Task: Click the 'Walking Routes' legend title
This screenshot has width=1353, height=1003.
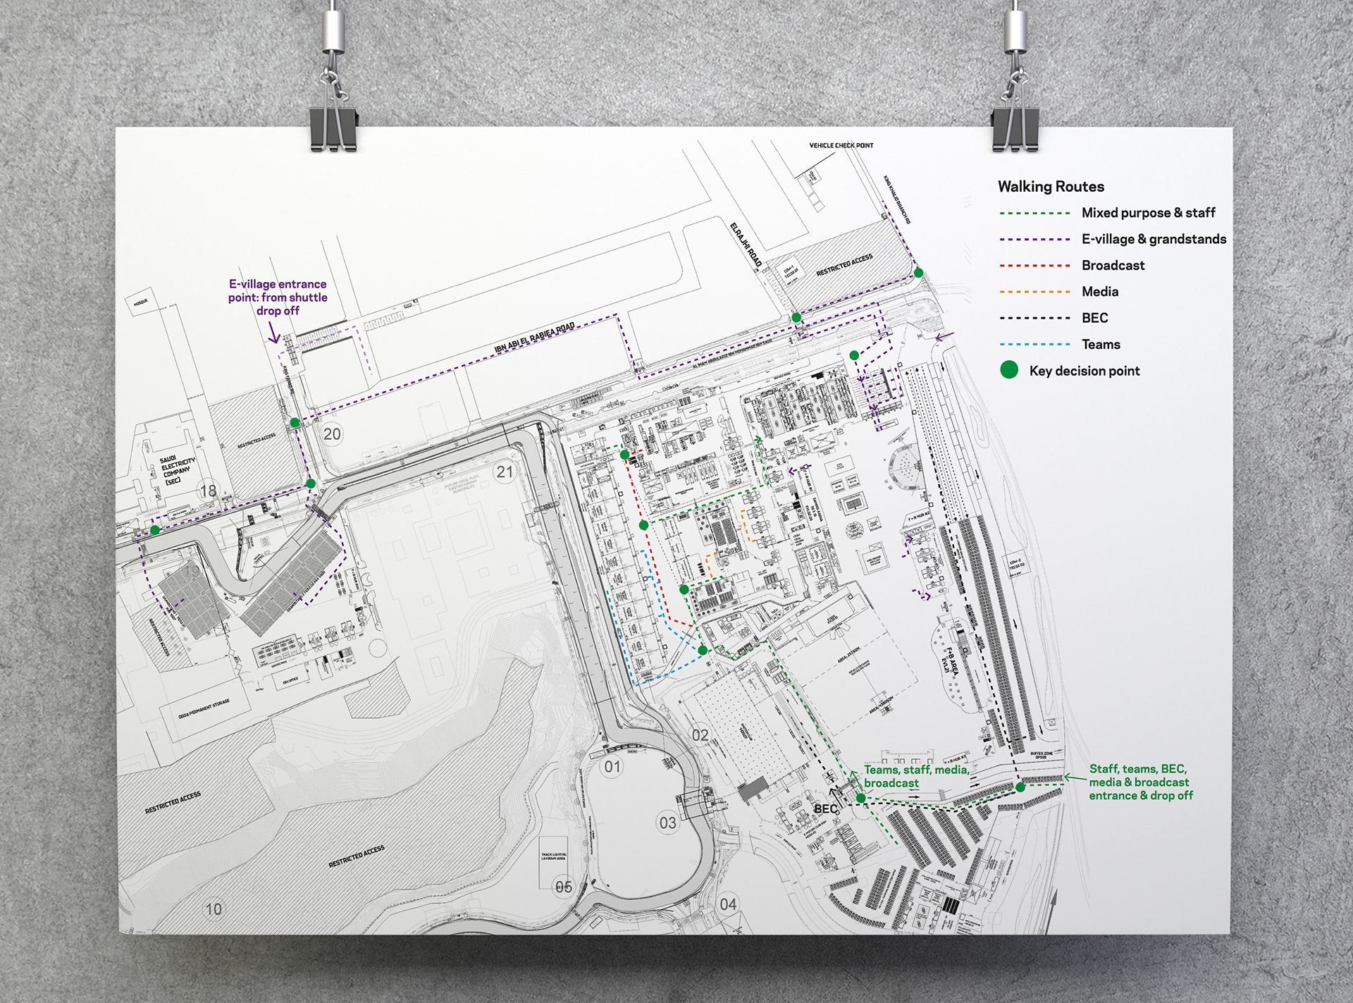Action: click(1051, 187)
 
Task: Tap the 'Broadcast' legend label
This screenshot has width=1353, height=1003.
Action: click(1113, 266)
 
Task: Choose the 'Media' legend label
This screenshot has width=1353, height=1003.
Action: click(1100, 292)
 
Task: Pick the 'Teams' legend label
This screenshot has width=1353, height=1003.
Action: click(1101, 345)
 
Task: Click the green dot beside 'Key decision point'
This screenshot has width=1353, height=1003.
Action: click(1009, 370)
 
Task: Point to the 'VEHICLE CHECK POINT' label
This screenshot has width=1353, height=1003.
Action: click(841, 146)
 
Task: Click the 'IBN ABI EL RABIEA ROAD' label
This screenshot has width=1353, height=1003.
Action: click(534, 338)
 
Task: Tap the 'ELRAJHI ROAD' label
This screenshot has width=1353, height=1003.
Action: click(746, 244)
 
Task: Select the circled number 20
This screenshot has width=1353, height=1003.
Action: click(332, 434)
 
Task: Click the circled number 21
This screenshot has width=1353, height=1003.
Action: click(505, 472)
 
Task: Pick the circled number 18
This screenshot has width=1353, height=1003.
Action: click(209, 491)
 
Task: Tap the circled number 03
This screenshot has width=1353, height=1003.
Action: click(667, 823)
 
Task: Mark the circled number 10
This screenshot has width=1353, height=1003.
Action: click(214, 909)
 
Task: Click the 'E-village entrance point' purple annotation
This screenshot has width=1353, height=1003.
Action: click(278, 297)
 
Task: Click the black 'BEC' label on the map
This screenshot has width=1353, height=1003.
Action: click(825, 808)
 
